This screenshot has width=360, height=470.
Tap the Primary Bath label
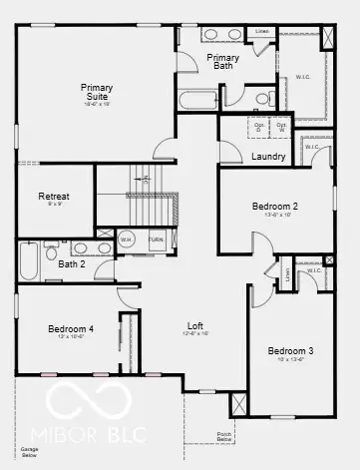coord(223,62)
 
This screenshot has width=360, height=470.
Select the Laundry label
coord(269,157)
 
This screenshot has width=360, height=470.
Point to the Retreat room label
coord(54,197)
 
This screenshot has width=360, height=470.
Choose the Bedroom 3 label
coord(289,351)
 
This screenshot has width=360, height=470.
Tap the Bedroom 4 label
coord(71,329)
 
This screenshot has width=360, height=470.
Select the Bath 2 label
coord(71,264)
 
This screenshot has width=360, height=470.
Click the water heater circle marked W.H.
coord(127,240)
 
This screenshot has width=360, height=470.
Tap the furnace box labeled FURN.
coord(157,240)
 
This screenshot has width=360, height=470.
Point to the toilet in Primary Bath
coord(261,98)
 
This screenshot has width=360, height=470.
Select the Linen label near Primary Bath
coord(261,31)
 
